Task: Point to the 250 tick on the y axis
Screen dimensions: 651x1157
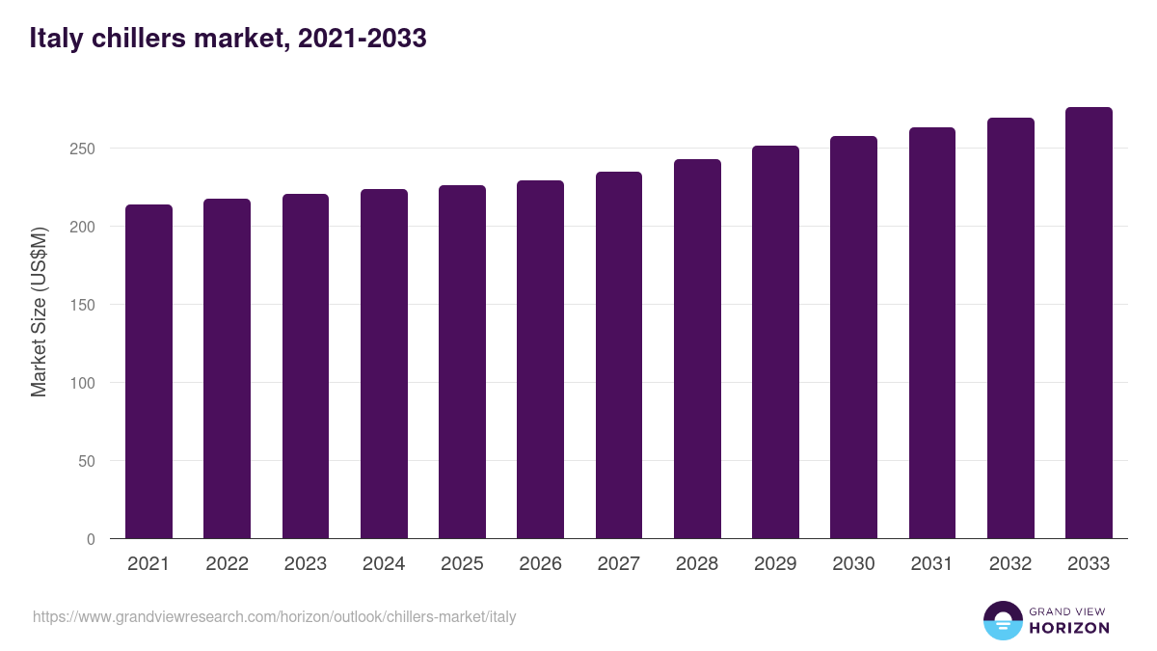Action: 84,149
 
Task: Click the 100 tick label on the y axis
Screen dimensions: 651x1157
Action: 84,383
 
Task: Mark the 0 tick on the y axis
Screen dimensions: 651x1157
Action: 91,539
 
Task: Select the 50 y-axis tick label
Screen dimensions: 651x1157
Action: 87,461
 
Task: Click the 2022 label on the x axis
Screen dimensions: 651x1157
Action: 227,564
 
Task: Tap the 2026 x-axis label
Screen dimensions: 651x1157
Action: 540,564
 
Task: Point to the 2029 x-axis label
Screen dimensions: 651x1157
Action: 775,564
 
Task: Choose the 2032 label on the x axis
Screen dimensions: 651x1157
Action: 1010,564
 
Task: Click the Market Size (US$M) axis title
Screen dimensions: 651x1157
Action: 39,311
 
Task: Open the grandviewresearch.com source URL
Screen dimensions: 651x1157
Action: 275,616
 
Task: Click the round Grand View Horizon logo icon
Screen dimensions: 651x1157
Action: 1002,620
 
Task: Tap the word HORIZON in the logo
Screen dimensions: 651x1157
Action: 1069,628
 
